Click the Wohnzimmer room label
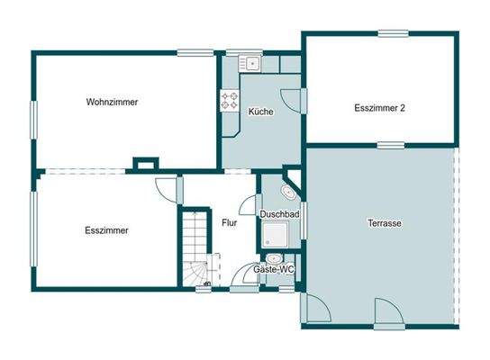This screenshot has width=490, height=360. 113,102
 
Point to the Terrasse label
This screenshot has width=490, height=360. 385,222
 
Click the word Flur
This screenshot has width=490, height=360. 229,222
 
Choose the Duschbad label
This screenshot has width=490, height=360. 279,215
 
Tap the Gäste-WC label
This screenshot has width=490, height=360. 274,269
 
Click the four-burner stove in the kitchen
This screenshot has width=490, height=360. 230,101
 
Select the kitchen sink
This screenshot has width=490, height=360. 250,63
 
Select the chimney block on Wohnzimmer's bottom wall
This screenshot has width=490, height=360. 143,165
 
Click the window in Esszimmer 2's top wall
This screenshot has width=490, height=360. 392,34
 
